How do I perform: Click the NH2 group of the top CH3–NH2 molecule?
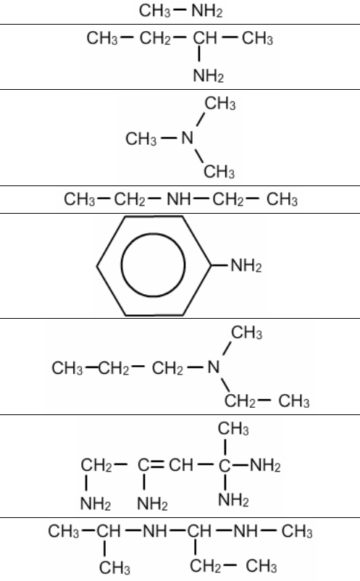tap(207, 11)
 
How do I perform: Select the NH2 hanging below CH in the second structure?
tap(208, 76)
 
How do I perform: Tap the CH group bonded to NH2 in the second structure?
tap(205, 38)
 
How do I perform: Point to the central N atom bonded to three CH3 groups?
tap(188, 138)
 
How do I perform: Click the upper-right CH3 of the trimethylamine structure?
tap(220, 104)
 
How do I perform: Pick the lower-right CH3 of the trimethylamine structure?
tap(219, 172)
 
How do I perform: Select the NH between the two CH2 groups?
tap(178, 199)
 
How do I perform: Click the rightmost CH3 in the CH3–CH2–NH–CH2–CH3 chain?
tap(282, 199)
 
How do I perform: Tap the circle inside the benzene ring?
tap(153, 265)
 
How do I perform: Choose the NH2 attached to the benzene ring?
tap(246, 266)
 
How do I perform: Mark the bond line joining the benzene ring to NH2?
tap(219, 266)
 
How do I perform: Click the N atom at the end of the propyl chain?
tap(214, 367)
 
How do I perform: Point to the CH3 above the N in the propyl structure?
tap(247, 333)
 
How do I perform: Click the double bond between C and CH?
tap(157, 464)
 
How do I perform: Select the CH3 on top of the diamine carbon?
tap(233, 428)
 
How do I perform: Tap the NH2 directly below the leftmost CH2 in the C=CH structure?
tap(95, 503)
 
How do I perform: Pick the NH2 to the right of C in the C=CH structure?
tap(265, 465)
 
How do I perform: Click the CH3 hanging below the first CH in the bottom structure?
tap(114, 567)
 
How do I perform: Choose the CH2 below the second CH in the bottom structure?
tap(205, 566)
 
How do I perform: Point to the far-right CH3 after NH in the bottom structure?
tap(297, 531)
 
